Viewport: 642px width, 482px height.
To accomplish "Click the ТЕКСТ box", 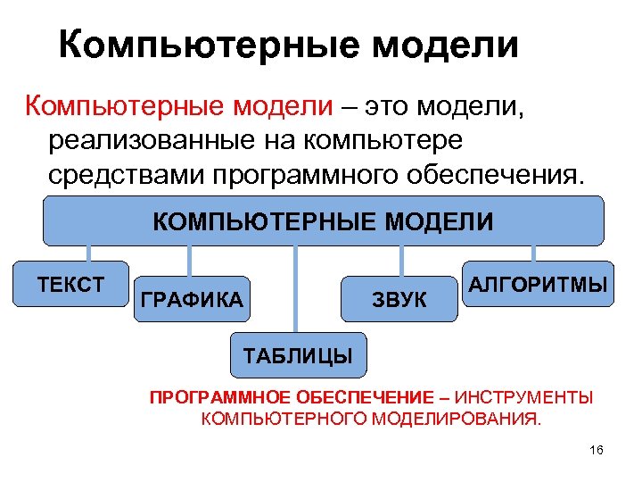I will (x=72, y=285).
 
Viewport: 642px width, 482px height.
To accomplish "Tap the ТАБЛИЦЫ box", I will (x=298, y=356).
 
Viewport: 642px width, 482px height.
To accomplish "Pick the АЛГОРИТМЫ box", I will (x=538, y=285).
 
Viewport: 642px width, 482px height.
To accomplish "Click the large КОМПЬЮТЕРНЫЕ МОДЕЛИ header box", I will (x=323, y=220).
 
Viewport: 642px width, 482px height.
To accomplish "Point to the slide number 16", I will (x=597, y=451).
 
